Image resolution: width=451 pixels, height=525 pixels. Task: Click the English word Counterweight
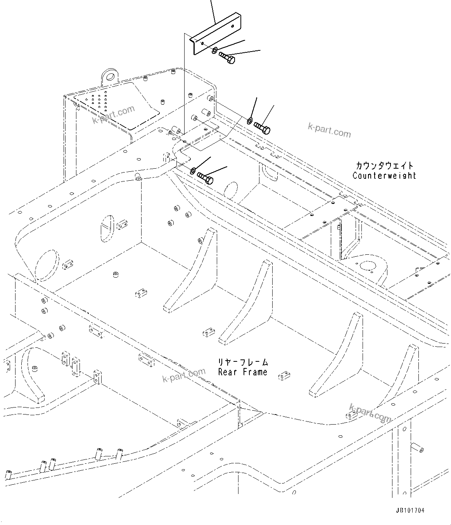(x=384, y=176)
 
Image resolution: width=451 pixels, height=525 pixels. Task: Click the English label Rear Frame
(x=243, y=372)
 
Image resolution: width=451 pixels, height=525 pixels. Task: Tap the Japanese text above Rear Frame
(x=243, y=363)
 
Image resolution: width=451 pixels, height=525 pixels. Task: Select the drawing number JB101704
(x=410, y=510)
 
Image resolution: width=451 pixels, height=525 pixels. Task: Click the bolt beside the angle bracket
(x=227, y=58)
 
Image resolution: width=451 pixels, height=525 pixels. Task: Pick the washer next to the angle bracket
(x=214, y=50)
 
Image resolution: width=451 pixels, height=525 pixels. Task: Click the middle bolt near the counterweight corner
(x=262, y=128)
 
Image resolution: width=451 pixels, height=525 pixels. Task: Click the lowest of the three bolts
(x=205, y=178)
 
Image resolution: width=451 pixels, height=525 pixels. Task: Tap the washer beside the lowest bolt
(x=193, y=170)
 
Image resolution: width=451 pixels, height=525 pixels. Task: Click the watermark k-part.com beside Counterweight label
(x=329, y=130)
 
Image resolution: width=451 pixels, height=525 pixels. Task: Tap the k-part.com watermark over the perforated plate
(x=113, y=114)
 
